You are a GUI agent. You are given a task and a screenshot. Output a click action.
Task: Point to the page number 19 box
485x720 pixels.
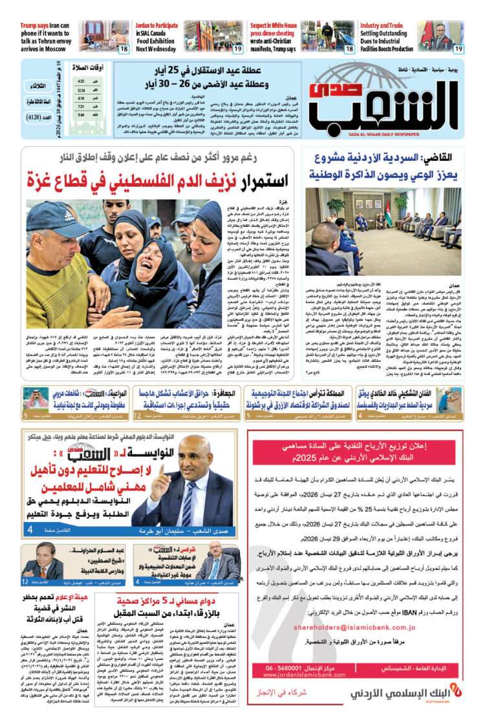[458, 48]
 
